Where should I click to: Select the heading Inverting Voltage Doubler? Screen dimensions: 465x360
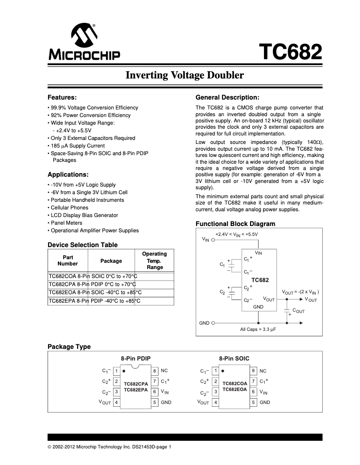tap(184, 75)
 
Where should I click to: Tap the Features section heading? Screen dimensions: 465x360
tap(62, 97)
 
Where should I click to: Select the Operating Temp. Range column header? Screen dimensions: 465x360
tap(154, 261)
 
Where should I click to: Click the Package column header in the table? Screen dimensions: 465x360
tap(111, 261)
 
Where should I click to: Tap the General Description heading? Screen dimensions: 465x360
tap(228, 97)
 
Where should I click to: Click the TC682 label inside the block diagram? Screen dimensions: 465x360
tap(260, 280)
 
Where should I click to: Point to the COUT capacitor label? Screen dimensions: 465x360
tap(299, 310)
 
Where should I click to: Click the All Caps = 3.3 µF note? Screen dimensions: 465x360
tap(258, 330)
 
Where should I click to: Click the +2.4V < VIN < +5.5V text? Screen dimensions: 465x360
tap(237, 234)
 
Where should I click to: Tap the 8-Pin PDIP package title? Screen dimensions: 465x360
tap(135, 358)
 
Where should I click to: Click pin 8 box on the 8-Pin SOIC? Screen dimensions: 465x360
tap(254, 371)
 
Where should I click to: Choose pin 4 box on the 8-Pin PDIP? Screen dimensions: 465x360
tap(116, 402)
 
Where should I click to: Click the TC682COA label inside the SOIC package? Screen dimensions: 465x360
tap(235, 384)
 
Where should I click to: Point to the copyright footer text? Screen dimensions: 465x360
tap(110, 447)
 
